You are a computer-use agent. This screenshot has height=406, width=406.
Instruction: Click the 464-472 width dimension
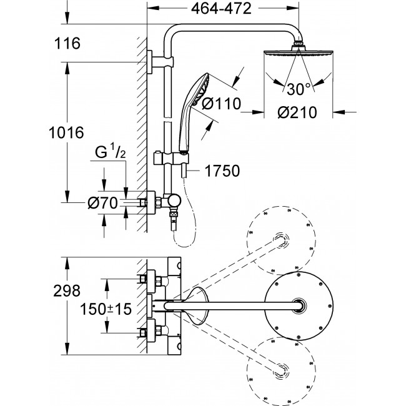pos(221,9)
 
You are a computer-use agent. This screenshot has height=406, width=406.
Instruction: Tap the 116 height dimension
pos(67,43)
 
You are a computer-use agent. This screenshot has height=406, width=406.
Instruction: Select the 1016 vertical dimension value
pos(66,132)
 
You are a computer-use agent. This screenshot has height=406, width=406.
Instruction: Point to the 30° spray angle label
pos(299,89)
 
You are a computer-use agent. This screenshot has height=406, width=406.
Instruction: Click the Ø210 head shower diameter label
pos(297,112)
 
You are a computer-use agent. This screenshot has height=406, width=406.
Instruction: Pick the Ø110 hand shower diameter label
pos(221,104)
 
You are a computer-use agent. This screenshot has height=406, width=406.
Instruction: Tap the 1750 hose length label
pos(222,171)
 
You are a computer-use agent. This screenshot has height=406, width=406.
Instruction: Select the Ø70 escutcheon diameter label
pos(103,203)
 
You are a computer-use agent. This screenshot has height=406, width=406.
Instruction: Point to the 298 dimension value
pos(67,291)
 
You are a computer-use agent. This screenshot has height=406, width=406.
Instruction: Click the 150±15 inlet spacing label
pos(106,309)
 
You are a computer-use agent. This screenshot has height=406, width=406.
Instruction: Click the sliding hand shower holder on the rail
pos(171,158)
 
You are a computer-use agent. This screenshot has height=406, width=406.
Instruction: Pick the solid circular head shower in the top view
pos(299,306)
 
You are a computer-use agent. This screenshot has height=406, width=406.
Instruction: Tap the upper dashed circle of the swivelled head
pos(281,240)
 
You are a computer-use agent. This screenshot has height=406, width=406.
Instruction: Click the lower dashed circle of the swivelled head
pos(281,371)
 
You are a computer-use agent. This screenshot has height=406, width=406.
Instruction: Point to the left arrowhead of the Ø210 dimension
pos(259,112)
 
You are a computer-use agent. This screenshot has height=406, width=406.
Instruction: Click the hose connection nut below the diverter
pos(173,214)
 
